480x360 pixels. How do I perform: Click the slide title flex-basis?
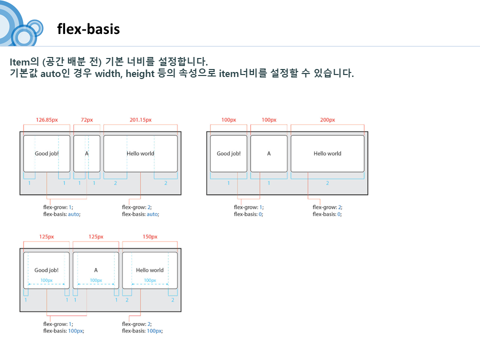[88, 29]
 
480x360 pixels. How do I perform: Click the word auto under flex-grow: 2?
[152, 214]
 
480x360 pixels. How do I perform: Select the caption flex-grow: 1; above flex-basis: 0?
[248, 207]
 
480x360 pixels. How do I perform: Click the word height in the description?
[140, 74]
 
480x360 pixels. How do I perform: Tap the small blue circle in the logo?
[36, 28]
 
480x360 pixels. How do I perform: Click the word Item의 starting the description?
[24, 61]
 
